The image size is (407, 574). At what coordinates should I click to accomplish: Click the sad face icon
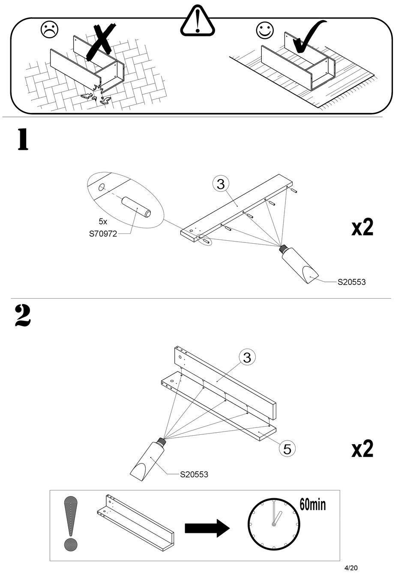[49, 30]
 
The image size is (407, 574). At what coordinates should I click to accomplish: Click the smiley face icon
[265, 30]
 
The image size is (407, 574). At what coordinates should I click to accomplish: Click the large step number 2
[23, 316]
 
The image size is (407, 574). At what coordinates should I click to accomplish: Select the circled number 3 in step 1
[221, 184]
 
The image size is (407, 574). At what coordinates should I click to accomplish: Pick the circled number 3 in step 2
[247, 357]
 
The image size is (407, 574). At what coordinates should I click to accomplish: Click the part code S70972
[103, 234]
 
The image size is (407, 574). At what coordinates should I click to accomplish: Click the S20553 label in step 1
[351, 282]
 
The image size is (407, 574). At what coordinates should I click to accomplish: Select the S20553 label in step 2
[194, 475]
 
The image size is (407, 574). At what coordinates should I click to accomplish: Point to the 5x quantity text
[103, 222]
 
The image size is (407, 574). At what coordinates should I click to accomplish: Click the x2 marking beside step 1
[362, 227]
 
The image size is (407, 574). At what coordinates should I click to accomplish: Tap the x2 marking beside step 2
[362, 448]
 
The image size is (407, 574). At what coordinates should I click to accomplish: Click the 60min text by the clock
[312, 505]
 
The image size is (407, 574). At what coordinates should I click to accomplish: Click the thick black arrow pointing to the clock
[207, 528]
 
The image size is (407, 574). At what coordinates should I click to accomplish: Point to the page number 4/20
[350, 568]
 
